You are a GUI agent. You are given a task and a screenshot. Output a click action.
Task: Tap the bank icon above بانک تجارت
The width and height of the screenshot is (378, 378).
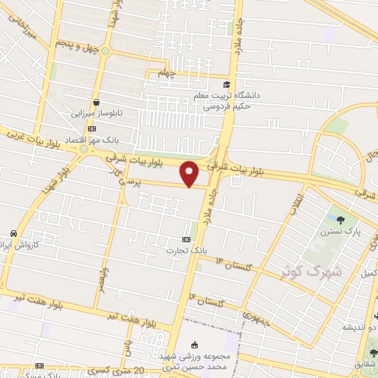click(186, 240)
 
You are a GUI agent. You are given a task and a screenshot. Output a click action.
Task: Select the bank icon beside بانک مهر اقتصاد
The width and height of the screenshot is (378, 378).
click(91, 128)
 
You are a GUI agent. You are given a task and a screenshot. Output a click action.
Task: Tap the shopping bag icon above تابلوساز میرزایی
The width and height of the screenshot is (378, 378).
click(97, 103)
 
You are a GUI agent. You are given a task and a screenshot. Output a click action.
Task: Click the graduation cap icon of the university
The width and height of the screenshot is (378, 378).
click(227, 84)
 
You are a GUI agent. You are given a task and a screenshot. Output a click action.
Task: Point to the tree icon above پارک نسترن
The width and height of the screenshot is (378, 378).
click(340, 219)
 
